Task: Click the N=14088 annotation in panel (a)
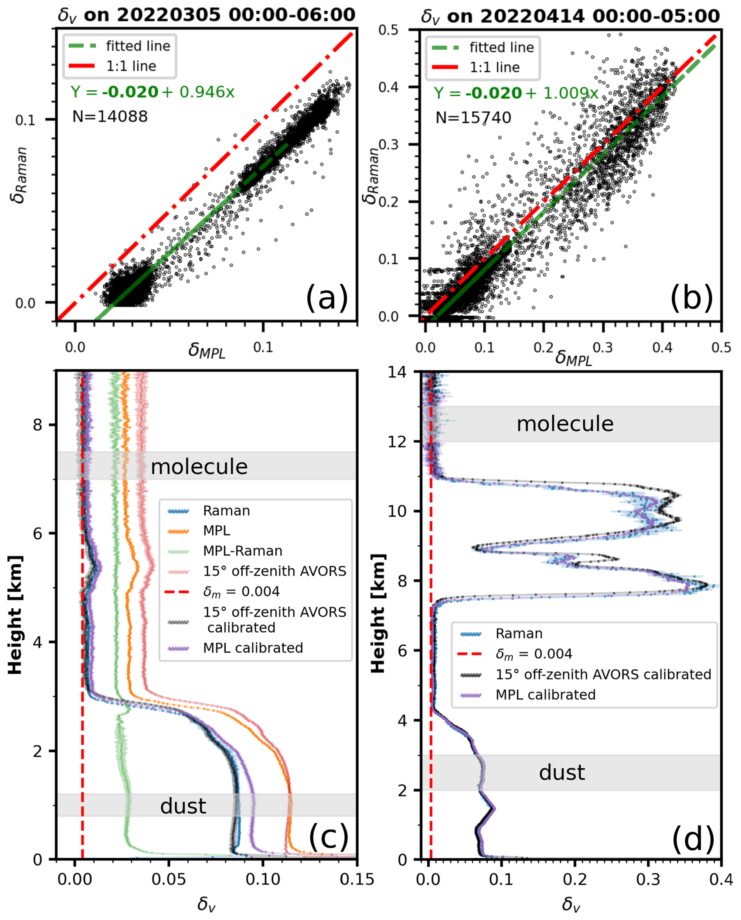(x=110, y=116)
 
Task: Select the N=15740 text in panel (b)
(x=473, y=117)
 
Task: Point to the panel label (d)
(x=693, y=839)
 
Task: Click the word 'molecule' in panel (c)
(x=199, y=466)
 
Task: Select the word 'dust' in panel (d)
(x=562, y=772)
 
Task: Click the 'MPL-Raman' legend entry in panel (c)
(x=242, y=551)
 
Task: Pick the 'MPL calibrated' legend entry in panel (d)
(x=545, y=694)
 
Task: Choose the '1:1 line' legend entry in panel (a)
(x=131, y=66)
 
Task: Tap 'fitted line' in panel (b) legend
(x=502, y=47)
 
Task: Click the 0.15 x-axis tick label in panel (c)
(x=356, y=879)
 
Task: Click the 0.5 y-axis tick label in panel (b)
(x=389, y=30)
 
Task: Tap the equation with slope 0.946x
(x=152, y=92)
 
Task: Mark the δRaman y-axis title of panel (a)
(x=20, y=175)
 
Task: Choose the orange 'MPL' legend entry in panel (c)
(x=217, y=531)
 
